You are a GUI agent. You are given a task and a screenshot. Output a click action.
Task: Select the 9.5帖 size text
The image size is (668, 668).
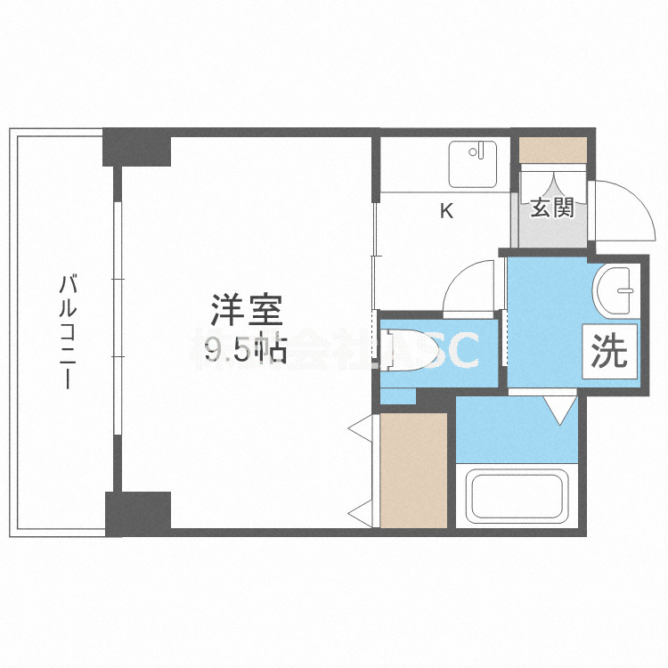click(245, 351)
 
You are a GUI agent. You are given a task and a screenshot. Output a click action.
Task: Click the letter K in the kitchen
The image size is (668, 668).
click(446, 211)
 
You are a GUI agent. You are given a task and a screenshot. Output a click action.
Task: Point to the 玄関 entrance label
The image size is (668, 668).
click(552, 208)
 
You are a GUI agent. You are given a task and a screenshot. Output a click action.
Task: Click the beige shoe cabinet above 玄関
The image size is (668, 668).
click(553, 149)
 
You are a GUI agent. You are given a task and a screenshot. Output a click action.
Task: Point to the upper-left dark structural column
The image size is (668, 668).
click(136, 148)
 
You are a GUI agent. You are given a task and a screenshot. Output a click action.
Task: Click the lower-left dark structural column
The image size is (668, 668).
click(137, 513)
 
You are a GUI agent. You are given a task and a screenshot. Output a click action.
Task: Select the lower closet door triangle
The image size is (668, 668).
click(361, 512)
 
